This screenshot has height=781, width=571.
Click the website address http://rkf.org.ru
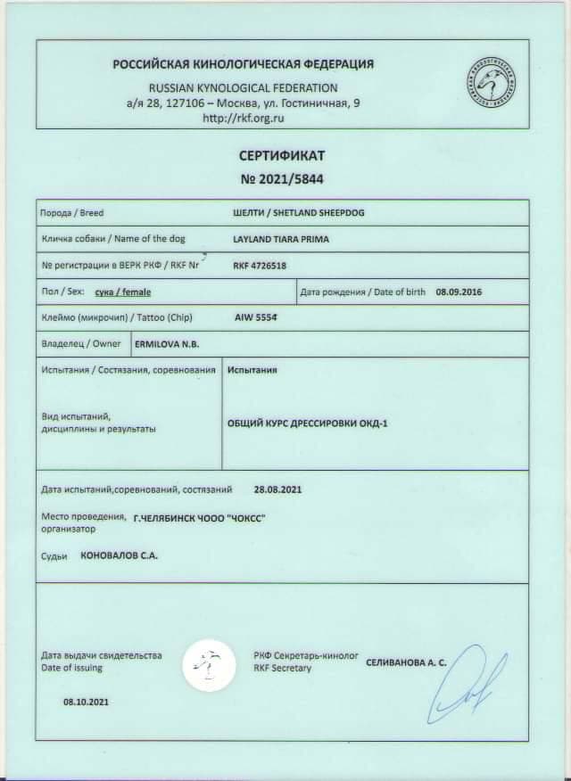click(244, 117)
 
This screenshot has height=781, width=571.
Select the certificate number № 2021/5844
click(282, 179)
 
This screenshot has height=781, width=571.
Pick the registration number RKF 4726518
click(261, 266)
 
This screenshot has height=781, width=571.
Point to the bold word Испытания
click(253, 369)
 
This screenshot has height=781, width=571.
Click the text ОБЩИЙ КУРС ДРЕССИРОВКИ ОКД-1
click(309, 423)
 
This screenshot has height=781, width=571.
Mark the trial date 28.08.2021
click(277, 489)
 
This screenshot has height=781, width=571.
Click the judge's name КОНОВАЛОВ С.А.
click(120, 555)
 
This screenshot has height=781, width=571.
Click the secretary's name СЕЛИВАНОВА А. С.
click(406, 662)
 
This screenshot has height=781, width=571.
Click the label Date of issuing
click(71, 668)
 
